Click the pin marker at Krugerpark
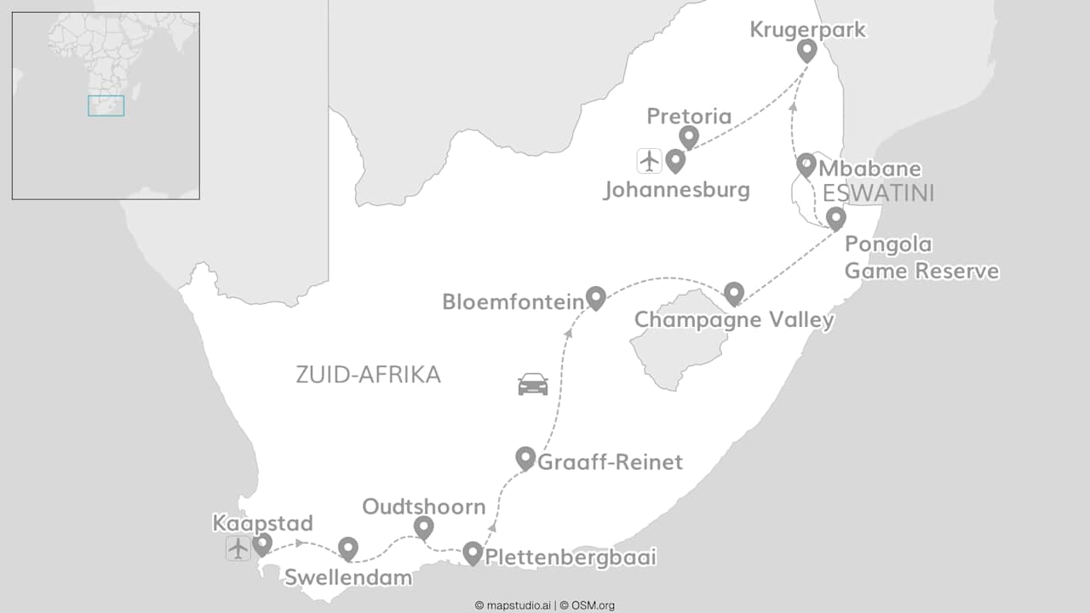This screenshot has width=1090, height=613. coord(806,49)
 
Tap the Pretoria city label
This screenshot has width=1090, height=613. coord(689,117)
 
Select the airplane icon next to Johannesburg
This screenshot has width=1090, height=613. coord(649,160)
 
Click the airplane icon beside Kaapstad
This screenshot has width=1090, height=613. coord(238,548)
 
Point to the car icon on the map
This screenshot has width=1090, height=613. coord(533,384)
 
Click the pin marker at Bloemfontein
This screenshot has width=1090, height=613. coord(595,296)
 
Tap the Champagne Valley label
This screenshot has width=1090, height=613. coord(734,320)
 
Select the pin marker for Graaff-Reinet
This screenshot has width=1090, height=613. coord(525,457)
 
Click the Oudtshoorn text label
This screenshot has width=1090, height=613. coord(423,507)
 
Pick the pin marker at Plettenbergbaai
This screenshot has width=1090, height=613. coord(473,553)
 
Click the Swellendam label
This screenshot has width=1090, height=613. coord(347,577)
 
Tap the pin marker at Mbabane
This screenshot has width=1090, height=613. coord(806,163)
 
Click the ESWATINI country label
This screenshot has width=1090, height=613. coord(878,193)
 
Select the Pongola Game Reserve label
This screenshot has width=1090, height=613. coord(921,258)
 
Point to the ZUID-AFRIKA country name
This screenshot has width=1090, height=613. coord(368,375)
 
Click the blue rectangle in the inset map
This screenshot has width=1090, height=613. coord(106,106)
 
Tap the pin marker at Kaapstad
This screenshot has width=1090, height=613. coord(262,542)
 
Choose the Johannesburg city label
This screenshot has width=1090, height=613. coord(676,189)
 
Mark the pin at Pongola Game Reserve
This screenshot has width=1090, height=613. coord(835,217)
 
